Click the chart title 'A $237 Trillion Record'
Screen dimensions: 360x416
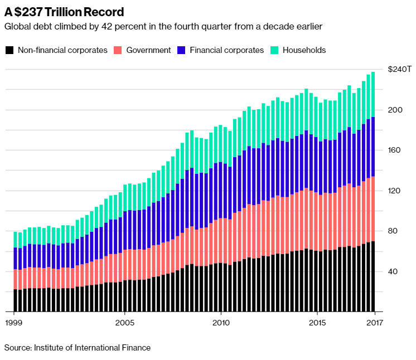pos(64,12)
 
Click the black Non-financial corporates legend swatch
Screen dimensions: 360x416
pos(9,50)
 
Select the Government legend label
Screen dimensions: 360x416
pos(148,50)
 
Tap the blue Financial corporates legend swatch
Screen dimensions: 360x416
pos(181,50)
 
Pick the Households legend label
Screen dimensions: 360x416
pos(304,50)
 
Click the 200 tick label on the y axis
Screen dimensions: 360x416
pos(395,110)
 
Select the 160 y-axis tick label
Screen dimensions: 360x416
pos(395,150)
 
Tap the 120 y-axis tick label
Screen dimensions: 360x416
pos(395,191)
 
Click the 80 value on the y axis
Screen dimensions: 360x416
pos(393,231)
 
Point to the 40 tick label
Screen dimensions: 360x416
pos(393,272)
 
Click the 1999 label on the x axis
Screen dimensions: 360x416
pos(13,322)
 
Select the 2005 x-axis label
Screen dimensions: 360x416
pos(125,322)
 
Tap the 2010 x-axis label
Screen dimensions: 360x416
pos(221,322)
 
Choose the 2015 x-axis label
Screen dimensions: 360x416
pos(317,322)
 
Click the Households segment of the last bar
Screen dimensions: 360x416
pos(373,95)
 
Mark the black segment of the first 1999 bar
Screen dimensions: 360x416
pos(16,300)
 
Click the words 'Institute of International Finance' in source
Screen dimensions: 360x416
pos(92,348)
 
